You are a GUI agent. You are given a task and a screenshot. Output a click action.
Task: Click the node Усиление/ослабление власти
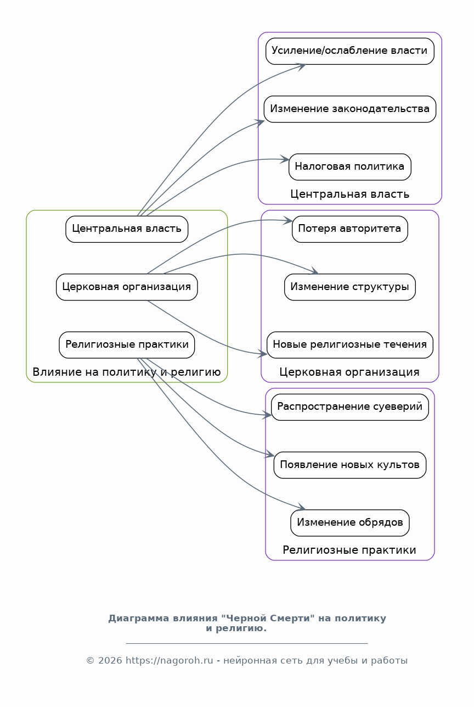tap(350, 51)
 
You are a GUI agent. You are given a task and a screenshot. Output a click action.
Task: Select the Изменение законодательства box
tap(350, 109)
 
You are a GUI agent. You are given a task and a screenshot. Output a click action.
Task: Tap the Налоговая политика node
tap(350, 167)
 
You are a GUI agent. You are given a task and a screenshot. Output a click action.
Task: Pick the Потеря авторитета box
tap(350, 229)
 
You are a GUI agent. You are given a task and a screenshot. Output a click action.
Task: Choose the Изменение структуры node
tap(350, 287)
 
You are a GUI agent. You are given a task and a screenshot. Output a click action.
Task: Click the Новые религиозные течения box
tap(350, 344)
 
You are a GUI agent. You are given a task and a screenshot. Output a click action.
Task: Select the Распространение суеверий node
tap(350, 407)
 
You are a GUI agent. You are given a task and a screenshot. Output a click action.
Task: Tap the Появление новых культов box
tap(350, 465)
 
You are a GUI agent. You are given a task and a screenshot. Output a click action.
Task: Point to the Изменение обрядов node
tap(350, 522)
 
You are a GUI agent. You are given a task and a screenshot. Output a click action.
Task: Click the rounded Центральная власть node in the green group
tap(127, 229)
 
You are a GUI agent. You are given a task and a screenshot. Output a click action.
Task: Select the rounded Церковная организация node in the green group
tap(127, 287)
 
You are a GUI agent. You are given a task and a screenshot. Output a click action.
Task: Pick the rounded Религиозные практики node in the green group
tap(127, 344)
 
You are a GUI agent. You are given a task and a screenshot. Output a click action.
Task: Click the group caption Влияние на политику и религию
tap(127, 372)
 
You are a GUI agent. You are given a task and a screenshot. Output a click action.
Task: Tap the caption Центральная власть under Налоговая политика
tap(350, 194)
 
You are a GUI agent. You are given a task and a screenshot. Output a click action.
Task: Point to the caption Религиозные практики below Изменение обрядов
tap(349, 550)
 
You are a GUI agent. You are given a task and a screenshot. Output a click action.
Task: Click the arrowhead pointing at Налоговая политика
tap(285, 159)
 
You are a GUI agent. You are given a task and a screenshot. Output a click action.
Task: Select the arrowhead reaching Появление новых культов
tap(269, 454)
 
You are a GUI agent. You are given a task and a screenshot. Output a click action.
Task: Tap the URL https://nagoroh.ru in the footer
tap(170, 661)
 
